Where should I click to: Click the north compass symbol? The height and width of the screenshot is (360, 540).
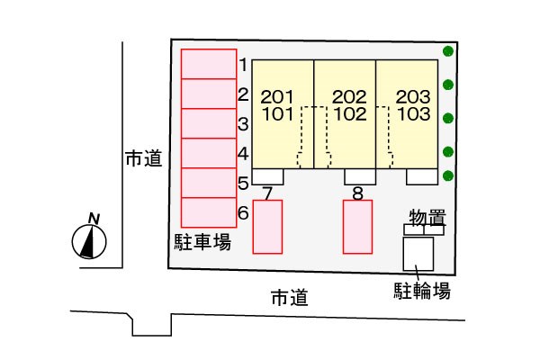coord(90,240)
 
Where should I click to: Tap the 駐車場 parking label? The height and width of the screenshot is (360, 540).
coord(202,241)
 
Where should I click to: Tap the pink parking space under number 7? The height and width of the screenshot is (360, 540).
coord(267,226)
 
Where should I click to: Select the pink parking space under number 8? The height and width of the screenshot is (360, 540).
coord(357,226)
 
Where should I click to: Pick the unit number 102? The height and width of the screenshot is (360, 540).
coord(349,114)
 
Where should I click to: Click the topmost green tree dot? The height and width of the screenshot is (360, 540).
coord(448,51)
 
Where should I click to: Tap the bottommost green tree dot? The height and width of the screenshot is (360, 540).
coord(448,175)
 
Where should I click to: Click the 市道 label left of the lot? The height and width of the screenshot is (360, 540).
coord(143,160)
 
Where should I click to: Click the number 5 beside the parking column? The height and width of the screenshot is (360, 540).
coord(243,184)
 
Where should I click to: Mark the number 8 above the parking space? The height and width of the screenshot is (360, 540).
coord(357,193)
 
